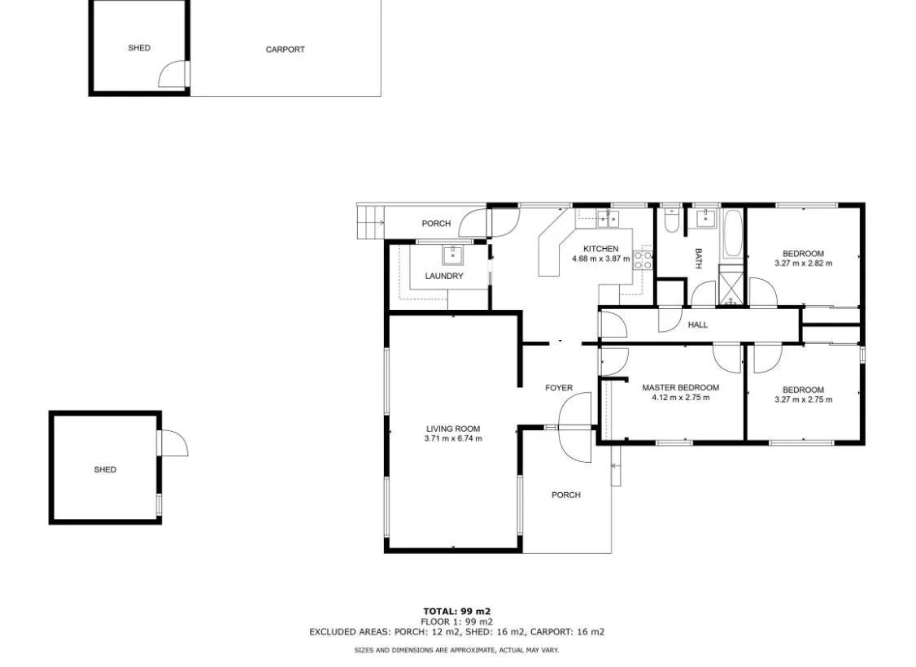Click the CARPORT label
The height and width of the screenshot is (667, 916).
(285, 50)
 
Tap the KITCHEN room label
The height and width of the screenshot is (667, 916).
(600, 249)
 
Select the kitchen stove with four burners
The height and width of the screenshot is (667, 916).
(643, 260)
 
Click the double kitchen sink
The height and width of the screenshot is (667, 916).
(608, 219)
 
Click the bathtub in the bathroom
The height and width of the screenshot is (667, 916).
(733, 234)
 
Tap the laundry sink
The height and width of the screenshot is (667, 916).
(453, 255)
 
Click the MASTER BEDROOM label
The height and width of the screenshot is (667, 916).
(681, 388)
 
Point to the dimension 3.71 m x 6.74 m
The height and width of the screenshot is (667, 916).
(453, 438)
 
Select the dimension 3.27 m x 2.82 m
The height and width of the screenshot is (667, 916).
(803, 264)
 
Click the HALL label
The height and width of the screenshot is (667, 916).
(697, 325)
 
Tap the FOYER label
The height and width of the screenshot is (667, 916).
(559, 388)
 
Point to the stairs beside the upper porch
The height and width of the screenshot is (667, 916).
(370, 222)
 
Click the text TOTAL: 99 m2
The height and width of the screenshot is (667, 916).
(457, 613)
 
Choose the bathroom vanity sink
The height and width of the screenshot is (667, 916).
(705, 219)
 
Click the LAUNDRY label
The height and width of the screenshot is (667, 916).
(444, 277)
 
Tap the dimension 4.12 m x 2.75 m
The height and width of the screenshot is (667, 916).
(681, 398)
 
